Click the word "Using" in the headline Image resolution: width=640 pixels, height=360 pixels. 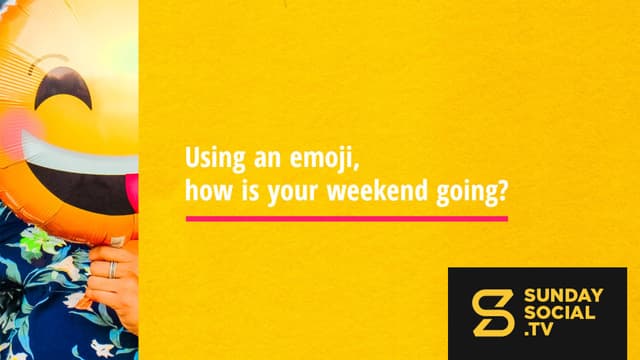pyautogui.click(x=216, y=158)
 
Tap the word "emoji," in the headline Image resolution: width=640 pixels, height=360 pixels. pyautogui.click(x=324, y=158)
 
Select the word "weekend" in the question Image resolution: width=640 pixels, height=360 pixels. pyautogui.click(x=378, y=191)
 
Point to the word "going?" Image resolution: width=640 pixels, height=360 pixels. pyautogui.click(x=472, y=193)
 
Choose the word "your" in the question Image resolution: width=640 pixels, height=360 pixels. pyautogui.click(x=292, y=193)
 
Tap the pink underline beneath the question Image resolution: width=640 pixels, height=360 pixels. pyautogui.click(x=347, y=219)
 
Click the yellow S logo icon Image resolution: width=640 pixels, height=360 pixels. pyautogui.click(x=493, y=313)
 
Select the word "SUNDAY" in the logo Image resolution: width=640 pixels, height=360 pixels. pyautogui.click(x=563, y=296)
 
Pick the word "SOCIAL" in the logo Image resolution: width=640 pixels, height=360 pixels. pyautogui.click(x=559, y=313)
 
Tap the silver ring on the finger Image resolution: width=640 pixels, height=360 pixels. pyautogui.click(x=113, y=270)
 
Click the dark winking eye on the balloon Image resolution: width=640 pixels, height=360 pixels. pyautogui.click(x=63, y=87)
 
